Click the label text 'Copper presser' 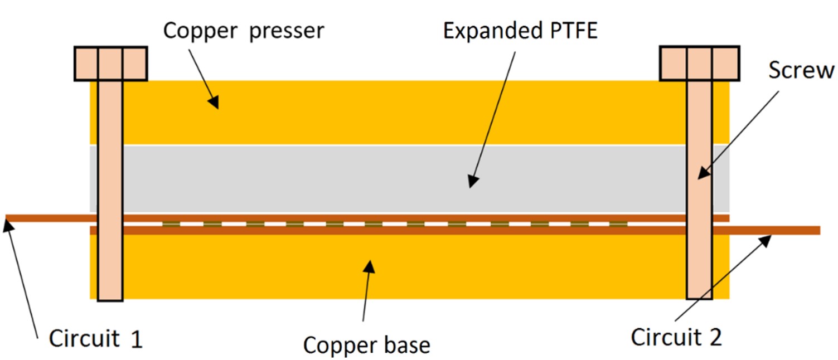point(243,31)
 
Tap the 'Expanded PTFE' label point(520,31)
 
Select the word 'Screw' point(801,71)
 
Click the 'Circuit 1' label point(95,338)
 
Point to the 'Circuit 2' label point(676,337)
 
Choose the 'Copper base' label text point(366,345)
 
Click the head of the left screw point(110,64)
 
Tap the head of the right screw point(699,64)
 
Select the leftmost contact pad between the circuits point(172,225)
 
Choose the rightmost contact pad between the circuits point(618,225)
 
